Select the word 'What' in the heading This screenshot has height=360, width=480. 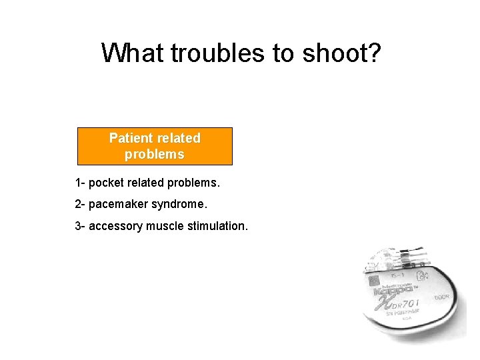pyautogui.click(x=134, y=53)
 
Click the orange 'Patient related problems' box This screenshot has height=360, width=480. pyautogui.click(x=155, y=146)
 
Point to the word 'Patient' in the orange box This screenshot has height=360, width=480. pyautogui.click(x=131, y=138)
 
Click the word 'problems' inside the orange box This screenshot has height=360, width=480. pyautogui.click(x=155, y=154)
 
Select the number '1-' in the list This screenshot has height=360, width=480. pyautogui.click(x=80, y=183)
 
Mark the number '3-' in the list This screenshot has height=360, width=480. pyautogui.click(x=80, y=226)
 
